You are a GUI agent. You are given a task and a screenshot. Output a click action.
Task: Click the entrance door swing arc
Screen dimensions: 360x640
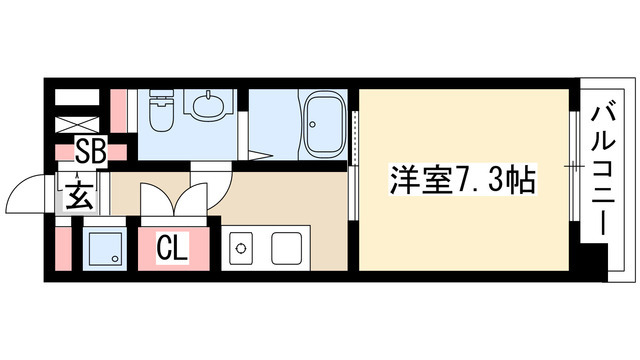coord(27,192)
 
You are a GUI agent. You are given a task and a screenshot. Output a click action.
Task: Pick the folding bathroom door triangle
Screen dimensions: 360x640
coord(262,154)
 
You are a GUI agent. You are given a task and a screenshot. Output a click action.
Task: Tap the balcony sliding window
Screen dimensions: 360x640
coord(575,165)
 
